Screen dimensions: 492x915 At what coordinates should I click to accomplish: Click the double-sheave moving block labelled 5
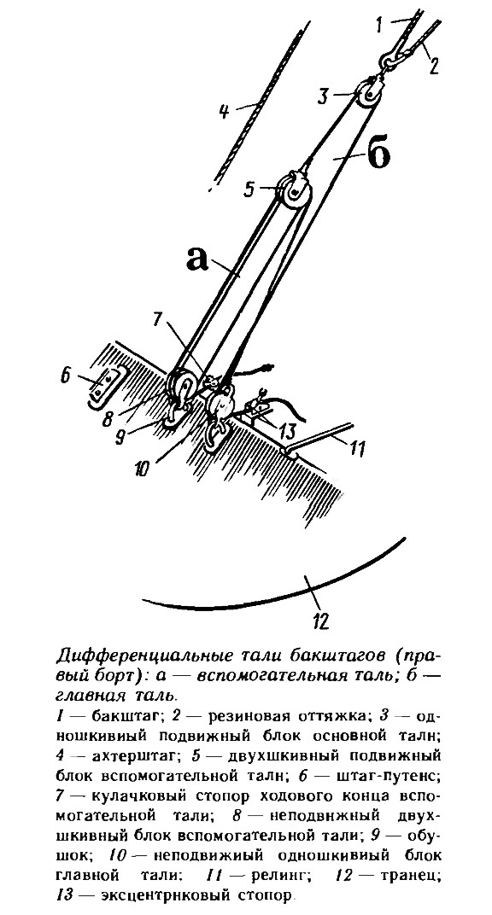[294, 191]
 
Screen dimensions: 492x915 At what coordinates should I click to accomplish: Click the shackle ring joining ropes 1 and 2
[388, 60]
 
